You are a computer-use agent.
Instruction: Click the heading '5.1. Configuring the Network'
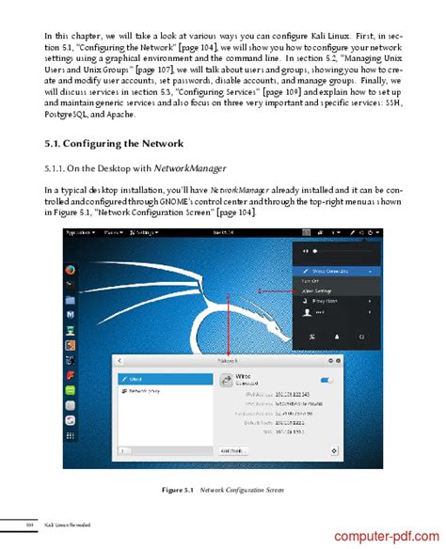click(112, 144)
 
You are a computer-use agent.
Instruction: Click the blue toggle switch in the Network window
click(327, 380)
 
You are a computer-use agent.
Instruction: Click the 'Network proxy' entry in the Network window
click(149, 389)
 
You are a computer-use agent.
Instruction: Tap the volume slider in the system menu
click(343, 253)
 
